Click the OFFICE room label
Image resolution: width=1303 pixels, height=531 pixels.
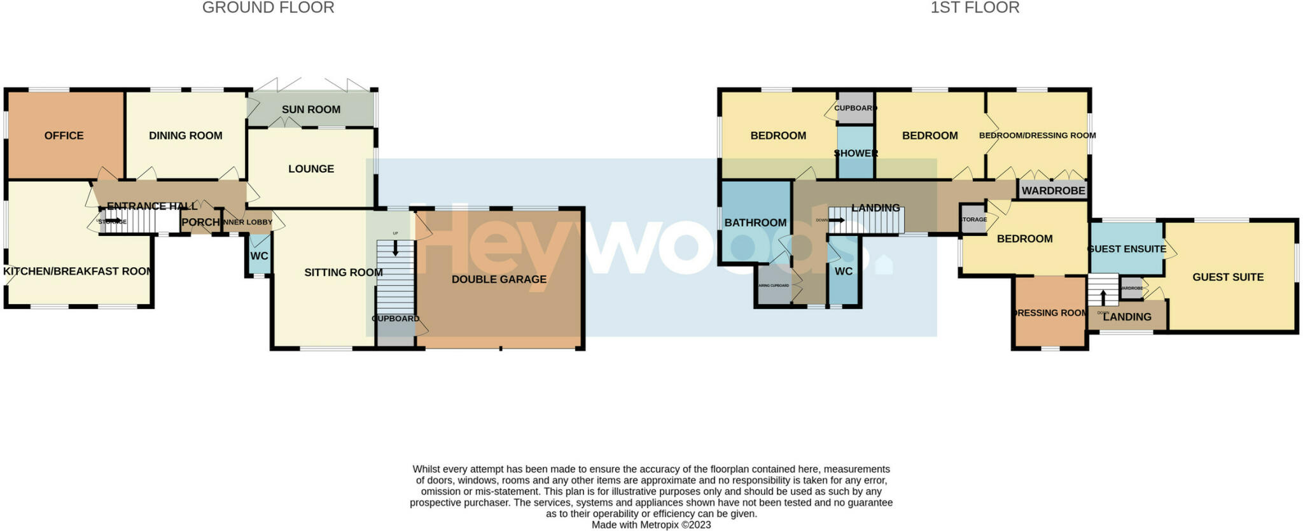click(64, 135)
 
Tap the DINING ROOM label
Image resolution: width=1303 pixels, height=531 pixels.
click(185, 135)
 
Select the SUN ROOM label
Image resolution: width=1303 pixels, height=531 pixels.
click(310, 109)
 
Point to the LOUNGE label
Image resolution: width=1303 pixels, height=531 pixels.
click(310, 169)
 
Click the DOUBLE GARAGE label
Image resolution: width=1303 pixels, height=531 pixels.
click(499, 279)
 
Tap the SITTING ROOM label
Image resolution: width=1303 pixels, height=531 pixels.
click(343, 272)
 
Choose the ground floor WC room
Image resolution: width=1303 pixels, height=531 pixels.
click(259, 256)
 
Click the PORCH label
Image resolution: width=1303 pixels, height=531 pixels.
click(200, 222)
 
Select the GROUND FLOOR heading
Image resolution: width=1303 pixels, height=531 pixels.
click(268, 8)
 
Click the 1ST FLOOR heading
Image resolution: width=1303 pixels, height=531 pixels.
click(975, 8)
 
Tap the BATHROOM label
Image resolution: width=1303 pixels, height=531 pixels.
click(755, 223)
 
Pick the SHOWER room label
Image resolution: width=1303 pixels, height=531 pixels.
click(856, 153)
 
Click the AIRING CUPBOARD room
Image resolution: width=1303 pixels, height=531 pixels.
click(774, 286)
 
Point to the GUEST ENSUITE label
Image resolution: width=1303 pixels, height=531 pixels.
click(1127, 249)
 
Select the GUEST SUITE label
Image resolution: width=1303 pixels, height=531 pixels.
click(1227, 277)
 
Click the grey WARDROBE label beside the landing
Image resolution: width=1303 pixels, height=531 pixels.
click(1053, 191)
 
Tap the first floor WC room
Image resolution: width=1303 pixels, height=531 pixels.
click(843, 272)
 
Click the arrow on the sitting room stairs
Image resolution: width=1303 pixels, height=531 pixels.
click(396, 249)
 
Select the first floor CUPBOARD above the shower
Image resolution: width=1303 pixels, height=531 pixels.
click(855, 108)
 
